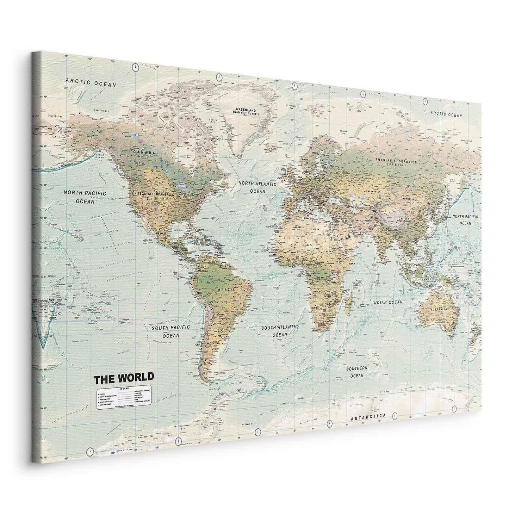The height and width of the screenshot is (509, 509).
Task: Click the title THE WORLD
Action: [x=123, y=378]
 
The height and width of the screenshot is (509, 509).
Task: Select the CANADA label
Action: [x=144, y=153]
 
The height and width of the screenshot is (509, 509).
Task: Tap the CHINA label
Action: [x=404, y=218]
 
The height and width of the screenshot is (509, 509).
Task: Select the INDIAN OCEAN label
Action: [x=387, y=302]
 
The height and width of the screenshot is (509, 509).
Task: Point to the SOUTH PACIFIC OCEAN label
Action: [x=171, y=332]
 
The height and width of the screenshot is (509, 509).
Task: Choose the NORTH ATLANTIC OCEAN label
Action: [x=257, y=187]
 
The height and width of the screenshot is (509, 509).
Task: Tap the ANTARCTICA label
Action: [x=368, y=417]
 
